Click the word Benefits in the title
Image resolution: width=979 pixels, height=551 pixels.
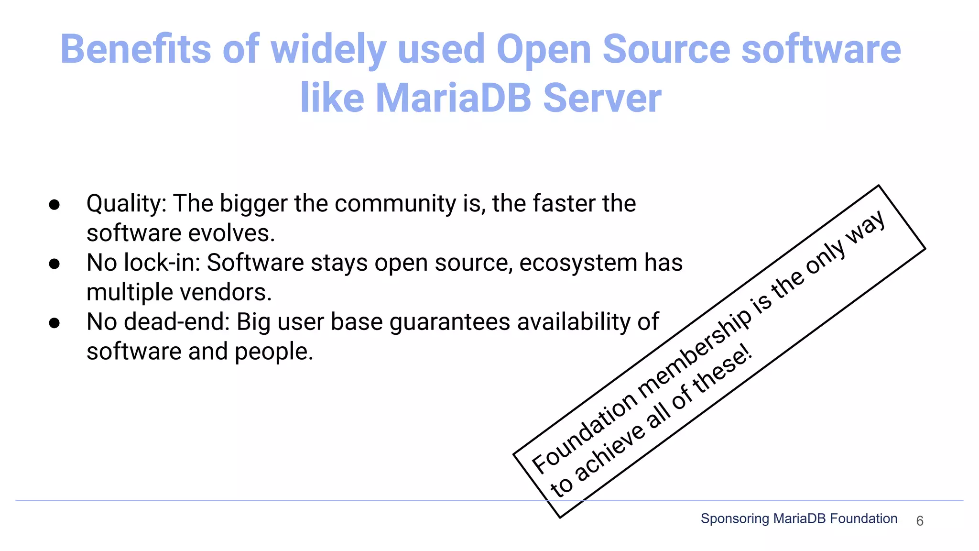(x=135, y=49)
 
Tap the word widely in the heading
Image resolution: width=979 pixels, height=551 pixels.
(x=328, y=50)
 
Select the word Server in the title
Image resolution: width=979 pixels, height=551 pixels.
(x=602, y=98)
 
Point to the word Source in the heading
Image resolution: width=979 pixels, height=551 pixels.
(x=666, y=49)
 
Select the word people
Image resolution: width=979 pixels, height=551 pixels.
(x=273, y=352)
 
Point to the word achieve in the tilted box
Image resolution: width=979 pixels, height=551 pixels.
(x=609, y=452)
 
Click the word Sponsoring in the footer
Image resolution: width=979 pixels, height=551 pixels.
(x=735, y=518)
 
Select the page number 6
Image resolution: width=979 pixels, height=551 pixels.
(x=920, y=521)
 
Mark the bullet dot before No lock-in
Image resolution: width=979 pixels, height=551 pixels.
(x=54, y=264)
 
